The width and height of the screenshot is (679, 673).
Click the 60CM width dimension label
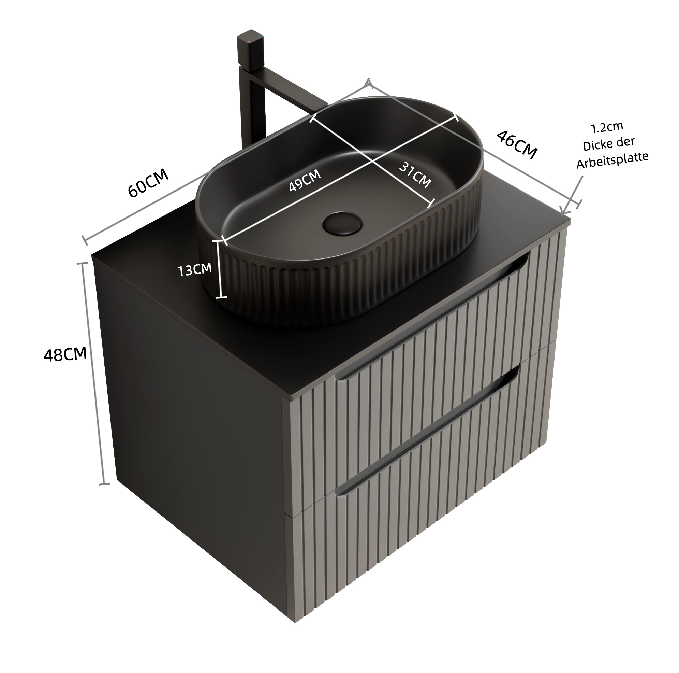[x=148, y=183]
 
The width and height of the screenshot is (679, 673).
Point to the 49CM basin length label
[x=305, y=181]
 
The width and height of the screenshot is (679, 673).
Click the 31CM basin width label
[x=415, y=175]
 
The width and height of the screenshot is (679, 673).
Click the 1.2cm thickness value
[x=607, y=127]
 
